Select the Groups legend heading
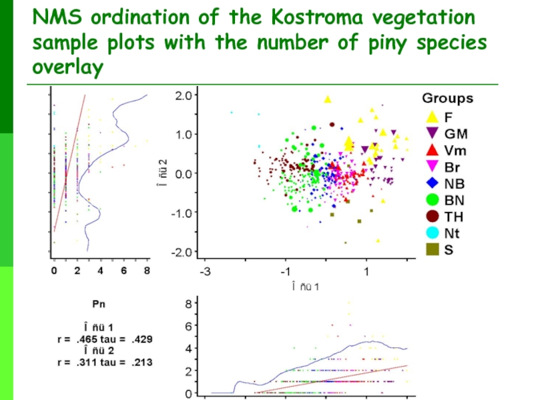(x=447, y=99)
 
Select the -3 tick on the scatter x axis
(x=206, y=273)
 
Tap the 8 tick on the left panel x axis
(x=147, y=271)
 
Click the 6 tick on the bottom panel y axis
(x=189, y=325)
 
